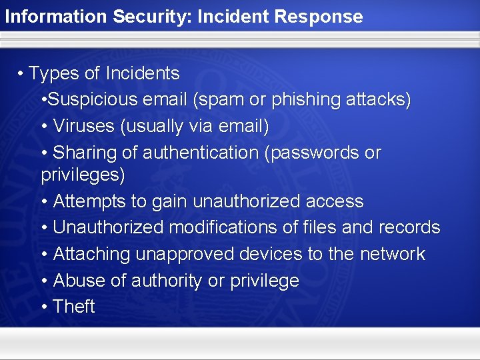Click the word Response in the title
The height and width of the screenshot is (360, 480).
(x=323, y=17)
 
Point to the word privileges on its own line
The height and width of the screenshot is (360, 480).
(x=83, y=175)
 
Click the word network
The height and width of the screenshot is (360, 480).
(x=392, y=254)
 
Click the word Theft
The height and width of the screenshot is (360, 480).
(x=74, y=307)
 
